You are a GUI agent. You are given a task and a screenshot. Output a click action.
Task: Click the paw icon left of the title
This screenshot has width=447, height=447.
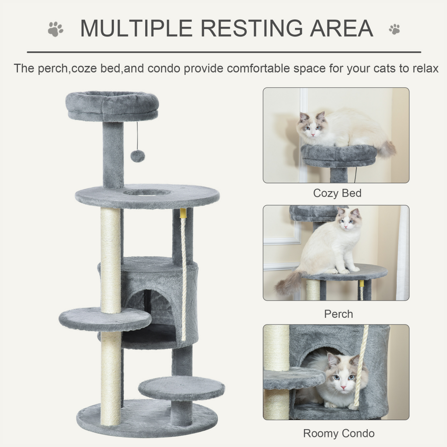[55, 29]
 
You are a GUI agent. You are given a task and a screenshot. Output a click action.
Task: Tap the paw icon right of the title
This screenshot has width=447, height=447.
[394, 29]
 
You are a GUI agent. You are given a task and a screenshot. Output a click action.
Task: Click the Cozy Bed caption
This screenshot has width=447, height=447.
[337, 193]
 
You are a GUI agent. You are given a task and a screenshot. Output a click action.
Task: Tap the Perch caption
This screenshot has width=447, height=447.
[339, 314]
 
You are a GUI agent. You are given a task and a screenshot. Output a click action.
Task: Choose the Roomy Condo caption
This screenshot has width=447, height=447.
[339, 433]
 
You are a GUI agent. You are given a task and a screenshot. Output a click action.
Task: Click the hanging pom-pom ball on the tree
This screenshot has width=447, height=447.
[138, 156]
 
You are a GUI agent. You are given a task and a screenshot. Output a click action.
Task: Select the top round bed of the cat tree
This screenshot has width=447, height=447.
[112, 106]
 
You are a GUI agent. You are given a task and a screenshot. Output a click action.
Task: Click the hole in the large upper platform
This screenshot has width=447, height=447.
[147, 192]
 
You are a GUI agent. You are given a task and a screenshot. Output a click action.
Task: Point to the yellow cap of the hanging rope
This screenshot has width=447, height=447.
[183, 214]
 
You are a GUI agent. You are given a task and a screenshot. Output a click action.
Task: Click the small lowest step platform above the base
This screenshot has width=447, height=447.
[181, 387]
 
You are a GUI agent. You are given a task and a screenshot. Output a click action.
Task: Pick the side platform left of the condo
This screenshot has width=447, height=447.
[105, 318]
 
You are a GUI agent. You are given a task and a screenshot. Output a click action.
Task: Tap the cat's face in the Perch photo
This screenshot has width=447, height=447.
[348, 221]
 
